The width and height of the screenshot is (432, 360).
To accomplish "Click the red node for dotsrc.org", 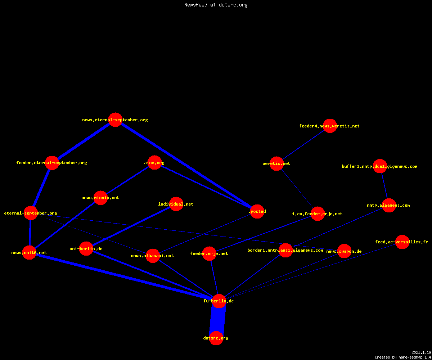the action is (x=216, y=338).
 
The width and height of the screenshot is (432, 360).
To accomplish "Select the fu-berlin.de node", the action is (x=219, y=301).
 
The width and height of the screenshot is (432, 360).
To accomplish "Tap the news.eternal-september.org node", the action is (x=115, y=120).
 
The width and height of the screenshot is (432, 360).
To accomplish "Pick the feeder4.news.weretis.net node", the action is (x=330, y=126).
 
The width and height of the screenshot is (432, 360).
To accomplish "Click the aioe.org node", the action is (x=154, y=162).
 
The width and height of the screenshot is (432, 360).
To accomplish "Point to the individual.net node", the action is (x=176, y=204).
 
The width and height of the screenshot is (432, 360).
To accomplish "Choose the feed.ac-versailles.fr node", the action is (x=402, y=242).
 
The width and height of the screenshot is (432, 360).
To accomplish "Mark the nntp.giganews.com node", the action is (x=389, y=205).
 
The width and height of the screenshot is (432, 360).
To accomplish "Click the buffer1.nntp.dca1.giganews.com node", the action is (x=380, y=166).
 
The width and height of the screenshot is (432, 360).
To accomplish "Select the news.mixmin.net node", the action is (x=100, y=198).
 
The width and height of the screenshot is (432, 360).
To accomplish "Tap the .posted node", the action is (x=257, y=211).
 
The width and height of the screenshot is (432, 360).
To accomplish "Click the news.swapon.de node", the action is (x=344, y=251).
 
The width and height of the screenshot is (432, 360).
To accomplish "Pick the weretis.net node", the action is (x=276, y=163).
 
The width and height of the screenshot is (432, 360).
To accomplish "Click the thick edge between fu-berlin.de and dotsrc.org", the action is (x=217, y=320).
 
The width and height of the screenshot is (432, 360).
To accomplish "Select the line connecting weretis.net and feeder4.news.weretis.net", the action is (x=303, y=145).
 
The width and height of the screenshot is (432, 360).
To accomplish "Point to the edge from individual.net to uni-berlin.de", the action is (x=131, y=226).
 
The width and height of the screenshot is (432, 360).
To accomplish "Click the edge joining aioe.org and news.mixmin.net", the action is (x=127, y=180).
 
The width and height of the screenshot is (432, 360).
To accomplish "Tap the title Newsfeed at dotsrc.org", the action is (x=216, y=5).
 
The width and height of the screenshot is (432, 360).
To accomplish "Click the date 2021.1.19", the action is (x=421, y=352).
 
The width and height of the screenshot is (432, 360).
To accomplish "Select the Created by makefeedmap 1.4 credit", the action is (x=403, y=357).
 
